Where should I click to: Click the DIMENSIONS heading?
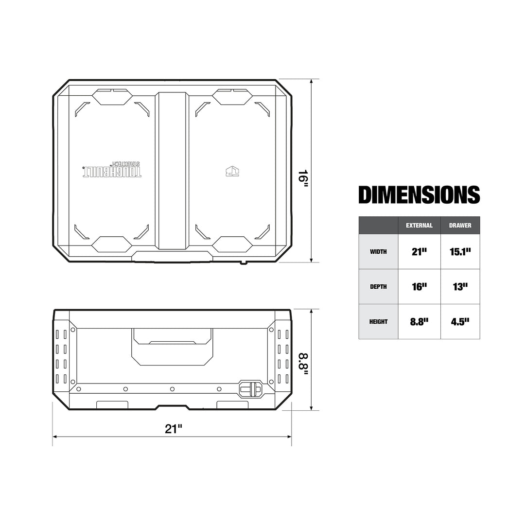pos(419,194)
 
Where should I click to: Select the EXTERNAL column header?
pos(419,226)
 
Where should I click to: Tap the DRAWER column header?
pos(460,226)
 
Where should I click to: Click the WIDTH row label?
pos(378,252)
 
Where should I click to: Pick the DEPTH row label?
pos(378,287)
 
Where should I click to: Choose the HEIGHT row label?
pos(378,322)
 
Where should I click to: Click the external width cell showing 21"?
pos(419,252)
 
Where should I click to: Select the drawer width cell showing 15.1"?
pos(460,252)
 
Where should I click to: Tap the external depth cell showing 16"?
pos(419,287)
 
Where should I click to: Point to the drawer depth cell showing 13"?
pos(460,287)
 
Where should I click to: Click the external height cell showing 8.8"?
pos(419,322)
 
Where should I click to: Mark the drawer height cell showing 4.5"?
pos(460,322)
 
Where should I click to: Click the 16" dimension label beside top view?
pos(303,178)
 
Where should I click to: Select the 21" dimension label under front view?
pos(173,429)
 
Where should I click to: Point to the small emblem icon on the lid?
pos(233,171)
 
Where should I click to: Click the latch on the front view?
pos(251,389)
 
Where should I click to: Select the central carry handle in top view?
pos(172,170)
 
